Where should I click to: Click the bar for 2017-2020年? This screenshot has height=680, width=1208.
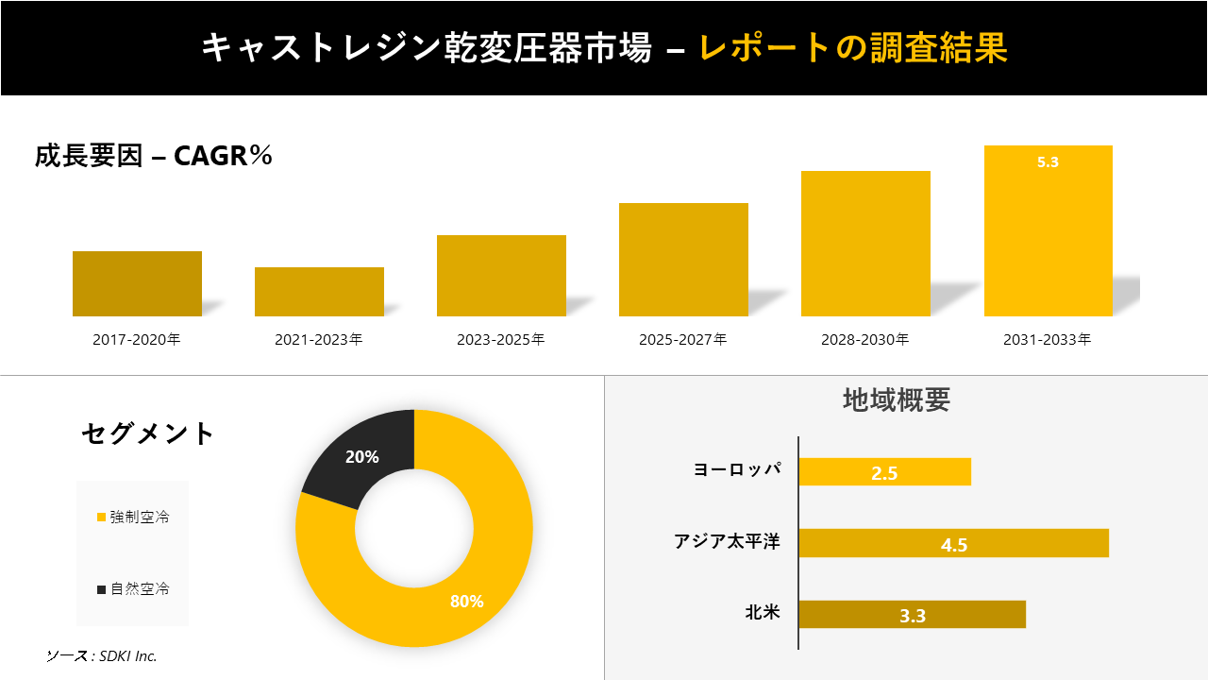click(137, 283)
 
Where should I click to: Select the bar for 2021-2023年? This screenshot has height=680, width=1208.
click(319, 292)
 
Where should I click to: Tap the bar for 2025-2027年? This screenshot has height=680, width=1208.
click(683, 260)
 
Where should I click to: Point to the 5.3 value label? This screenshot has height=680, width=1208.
click(1048, 162)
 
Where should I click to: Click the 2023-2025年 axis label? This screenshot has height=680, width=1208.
click(501, 340)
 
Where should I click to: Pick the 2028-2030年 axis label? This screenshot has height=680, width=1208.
click(865, 340)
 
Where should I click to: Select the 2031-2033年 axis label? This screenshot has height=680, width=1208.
click(1048, 340)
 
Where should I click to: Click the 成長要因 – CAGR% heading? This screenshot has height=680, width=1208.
click(153, 156)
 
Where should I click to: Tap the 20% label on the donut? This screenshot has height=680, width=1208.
click(362, 457)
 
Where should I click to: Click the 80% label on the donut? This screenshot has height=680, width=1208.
click(466, 602)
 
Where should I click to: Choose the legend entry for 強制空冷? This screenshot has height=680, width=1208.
click(133, 518)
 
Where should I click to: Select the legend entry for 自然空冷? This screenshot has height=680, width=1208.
click(133, 589)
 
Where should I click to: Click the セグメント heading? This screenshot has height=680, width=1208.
click(148, 433)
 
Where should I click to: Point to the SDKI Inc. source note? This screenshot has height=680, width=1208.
click(102, 655)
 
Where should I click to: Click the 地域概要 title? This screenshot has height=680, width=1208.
click(896, 400)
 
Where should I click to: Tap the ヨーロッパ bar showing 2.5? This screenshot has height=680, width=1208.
click(884, 472)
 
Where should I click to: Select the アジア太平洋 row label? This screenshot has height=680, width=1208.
click(727, 542)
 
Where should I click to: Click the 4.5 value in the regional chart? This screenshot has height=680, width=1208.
click(954, 545)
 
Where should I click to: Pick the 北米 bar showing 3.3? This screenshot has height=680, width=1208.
click(912, 615)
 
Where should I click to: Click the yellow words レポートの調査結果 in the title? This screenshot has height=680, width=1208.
click(853, 48)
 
